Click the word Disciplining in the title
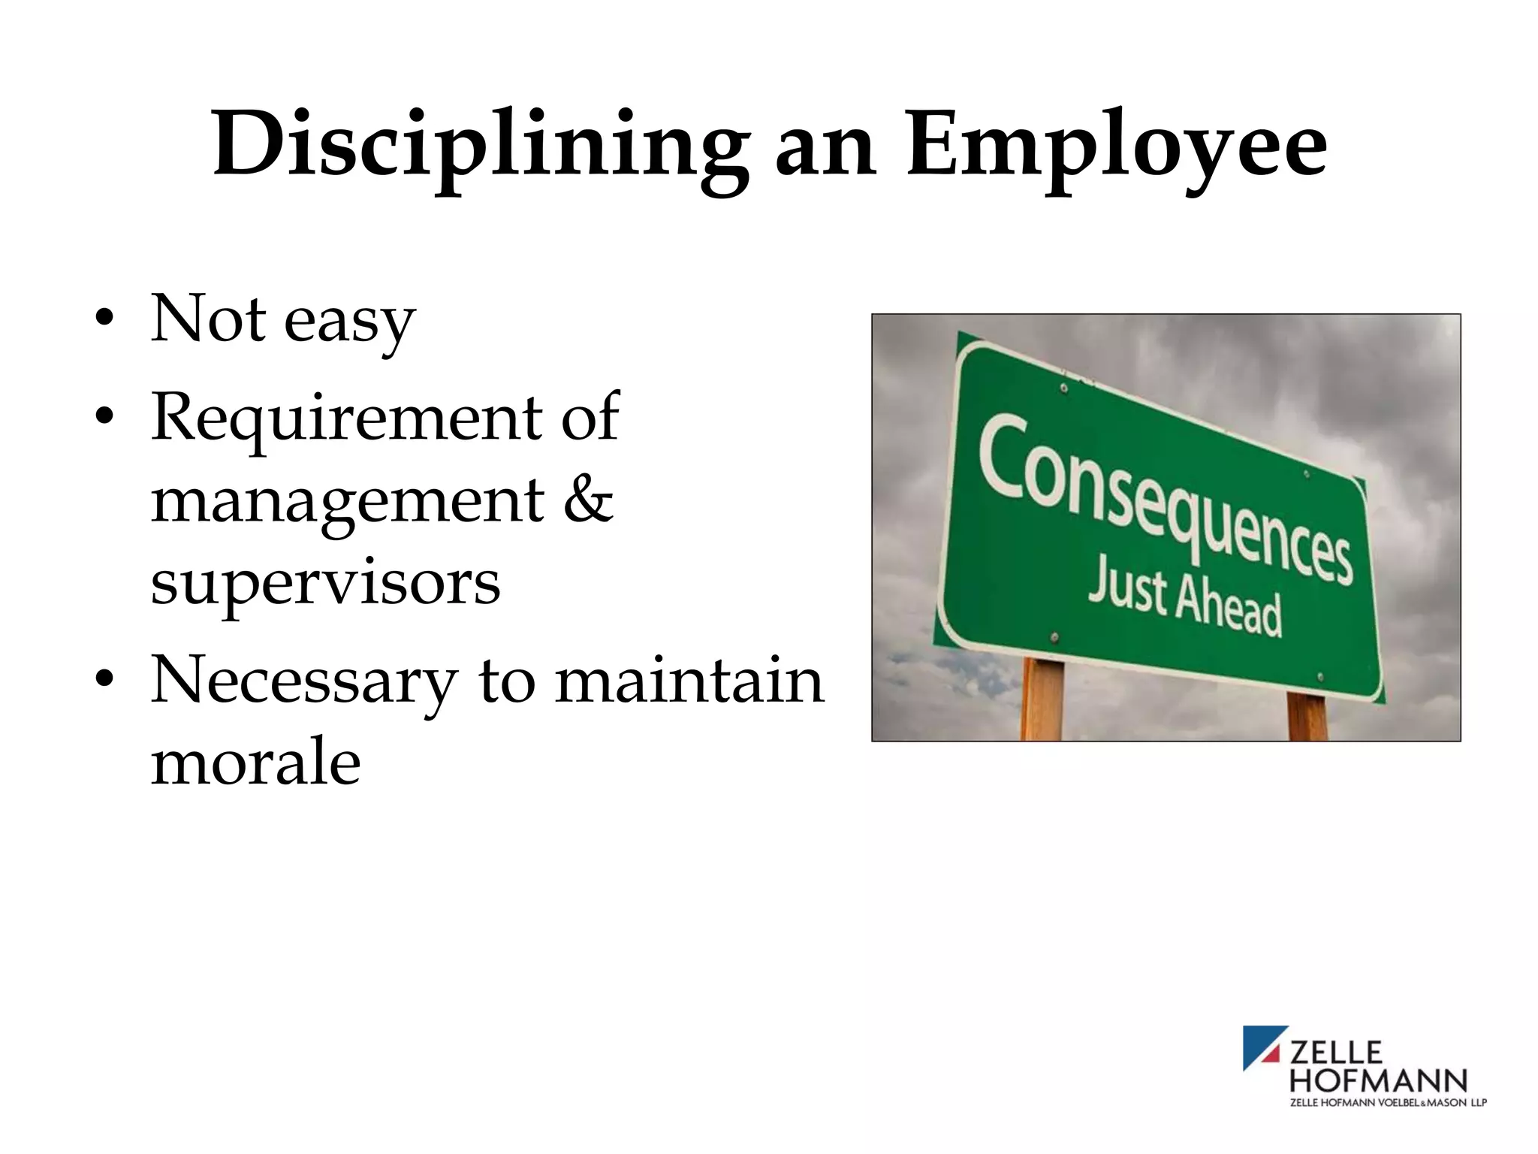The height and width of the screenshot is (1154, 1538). click(481, 144)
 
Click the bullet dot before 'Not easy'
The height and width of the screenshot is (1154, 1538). click(105, 319)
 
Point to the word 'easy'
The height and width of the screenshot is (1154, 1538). click(349, 322)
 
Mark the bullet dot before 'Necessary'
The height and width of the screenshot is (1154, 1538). click(105, 680)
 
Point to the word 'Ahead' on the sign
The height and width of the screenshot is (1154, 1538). click(1228, 610)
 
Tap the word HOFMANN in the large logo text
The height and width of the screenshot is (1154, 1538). click(1378, 1080)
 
